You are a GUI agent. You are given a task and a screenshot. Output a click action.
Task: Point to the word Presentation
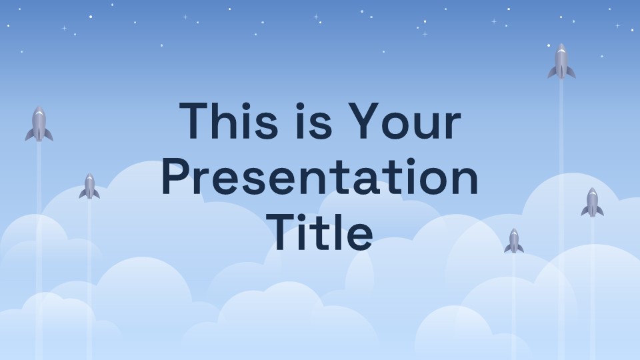pos(320,177)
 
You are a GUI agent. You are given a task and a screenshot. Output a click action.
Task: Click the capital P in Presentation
pos(175,177)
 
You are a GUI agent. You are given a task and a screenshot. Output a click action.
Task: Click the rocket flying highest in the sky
pos(561,61)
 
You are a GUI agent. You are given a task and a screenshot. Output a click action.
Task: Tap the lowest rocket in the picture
pos(514,241)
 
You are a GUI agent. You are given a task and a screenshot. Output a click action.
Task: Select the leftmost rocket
pos(39,124)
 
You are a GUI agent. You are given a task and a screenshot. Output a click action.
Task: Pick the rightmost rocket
pos(592,203)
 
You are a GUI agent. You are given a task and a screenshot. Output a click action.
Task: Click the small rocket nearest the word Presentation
pos(89,186)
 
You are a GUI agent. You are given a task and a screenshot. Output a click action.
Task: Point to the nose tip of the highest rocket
pos(561,44)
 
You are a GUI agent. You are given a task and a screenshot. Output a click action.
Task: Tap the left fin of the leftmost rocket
pos(29,135)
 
